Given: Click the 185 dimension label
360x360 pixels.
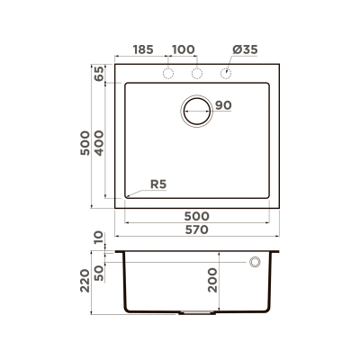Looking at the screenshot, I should tap(142, 49).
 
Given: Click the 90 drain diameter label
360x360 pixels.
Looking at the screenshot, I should tap(224, 106).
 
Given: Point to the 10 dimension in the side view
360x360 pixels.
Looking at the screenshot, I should tap(98, 239).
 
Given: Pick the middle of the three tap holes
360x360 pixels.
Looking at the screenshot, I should tap(197, 73).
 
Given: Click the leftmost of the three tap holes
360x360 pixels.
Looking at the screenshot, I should tap(167, 73).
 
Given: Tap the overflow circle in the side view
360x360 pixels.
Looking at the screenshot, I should tap(255, 262).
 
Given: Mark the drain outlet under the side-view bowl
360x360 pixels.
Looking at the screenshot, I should tap(197, 312).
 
